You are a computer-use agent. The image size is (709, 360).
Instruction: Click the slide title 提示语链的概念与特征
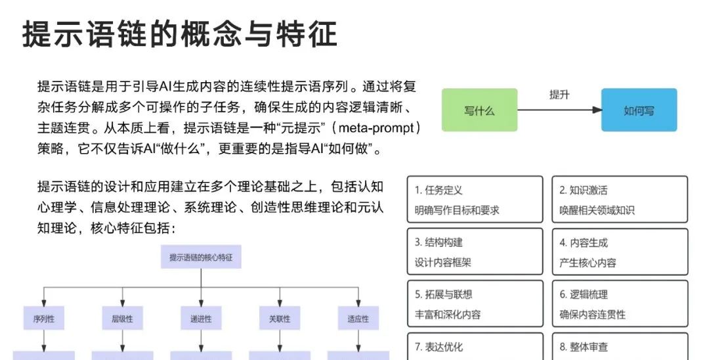tap(180, 34)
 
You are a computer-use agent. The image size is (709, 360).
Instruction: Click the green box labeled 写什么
tap(479, 110)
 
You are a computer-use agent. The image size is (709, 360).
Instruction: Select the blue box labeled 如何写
tap(639, 110)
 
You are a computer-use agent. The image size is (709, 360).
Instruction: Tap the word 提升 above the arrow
tap(559, 95)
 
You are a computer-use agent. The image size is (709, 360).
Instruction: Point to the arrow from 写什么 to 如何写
tap(559, 110)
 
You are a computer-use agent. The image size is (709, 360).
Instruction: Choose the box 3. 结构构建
tap(475, 252)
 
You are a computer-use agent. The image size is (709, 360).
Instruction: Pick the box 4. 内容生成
tap(619, 252)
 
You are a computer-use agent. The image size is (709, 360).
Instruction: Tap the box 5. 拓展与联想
tap(475, 304)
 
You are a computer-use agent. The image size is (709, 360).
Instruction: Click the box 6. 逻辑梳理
tap(619, 304)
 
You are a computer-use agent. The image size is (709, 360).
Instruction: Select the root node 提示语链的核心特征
tap(201, 257)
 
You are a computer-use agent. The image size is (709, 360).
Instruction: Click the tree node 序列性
tap(43, 319)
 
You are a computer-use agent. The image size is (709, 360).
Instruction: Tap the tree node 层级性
tap(121, 319)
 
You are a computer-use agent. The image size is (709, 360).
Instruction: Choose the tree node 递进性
tap(200, 319)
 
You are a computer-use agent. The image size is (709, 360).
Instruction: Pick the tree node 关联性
tap(279, 319)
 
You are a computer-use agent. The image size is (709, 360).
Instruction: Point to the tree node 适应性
tap(358, 319)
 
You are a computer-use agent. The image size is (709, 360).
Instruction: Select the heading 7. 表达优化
tap(439, 346)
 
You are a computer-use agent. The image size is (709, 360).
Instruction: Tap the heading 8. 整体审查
tap(584, 346)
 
